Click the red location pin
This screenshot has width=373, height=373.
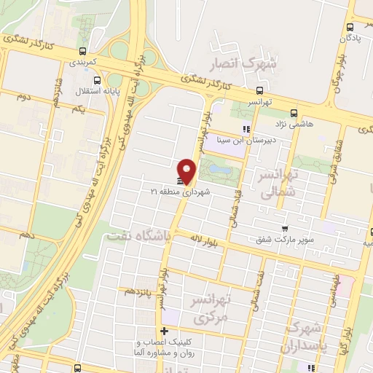(188, 170)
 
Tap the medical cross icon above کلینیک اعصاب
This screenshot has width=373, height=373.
(163, 331)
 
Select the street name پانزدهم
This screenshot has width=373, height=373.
(140, 290)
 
